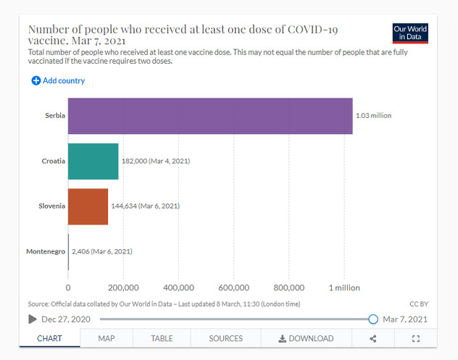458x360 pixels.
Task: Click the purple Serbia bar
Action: click(210, 116)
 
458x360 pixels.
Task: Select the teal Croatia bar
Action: click(93, 161)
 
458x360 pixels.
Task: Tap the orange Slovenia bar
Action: click(88, 206)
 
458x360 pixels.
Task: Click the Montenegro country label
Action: click(46, 251)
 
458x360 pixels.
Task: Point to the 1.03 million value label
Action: click(373, 116)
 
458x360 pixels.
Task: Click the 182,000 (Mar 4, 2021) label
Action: click(155, 161)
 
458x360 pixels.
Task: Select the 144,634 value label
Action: click(145, 206)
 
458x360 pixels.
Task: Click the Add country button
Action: click(58, 80)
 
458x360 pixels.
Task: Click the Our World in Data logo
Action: click(409, 33)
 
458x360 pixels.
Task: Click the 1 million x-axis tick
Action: click(344, 288)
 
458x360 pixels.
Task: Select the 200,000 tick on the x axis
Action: click(123, 288)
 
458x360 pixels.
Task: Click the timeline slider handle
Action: click(373, 319)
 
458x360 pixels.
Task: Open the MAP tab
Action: click(107, 338)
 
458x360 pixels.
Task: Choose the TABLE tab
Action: click(162, 338)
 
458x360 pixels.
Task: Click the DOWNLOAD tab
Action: click(307, 338)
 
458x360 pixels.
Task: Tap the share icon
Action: click(373, 338)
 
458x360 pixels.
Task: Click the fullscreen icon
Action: click(416, 338)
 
